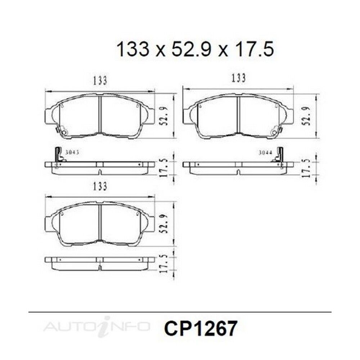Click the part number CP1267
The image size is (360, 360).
click(x=200, y=329)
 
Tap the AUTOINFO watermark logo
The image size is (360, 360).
click(x=96, y=327)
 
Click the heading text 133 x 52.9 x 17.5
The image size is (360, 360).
click(x=195, y=50)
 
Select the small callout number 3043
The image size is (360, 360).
click(x=72, y=152)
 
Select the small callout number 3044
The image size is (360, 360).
click(x=266, y=152)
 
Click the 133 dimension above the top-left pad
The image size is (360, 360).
click(x=100, y=81)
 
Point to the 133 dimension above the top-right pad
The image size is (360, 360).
click(x=239, y=78)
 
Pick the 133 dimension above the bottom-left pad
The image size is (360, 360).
click(x=100, y=186)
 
